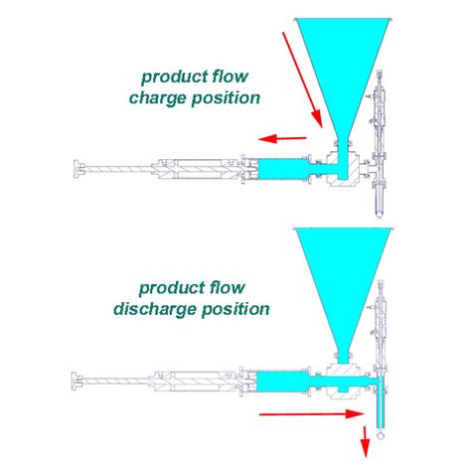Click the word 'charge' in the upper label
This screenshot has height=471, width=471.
[x=157, y=98]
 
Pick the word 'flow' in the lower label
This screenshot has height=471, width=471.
[x=228, y=287]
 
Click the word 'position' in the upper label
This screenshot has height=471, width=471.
[x=226, y=98]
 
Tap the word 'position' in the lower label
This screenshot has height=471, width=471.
[x=235, y=310]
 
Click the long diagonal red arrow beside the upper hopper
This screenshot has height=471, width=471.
[x=302, y=79]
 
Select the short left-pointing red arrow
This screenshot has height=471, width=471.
[x=282, y=138]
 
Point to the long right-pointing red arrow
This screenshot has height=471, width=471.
[x=312, y=414]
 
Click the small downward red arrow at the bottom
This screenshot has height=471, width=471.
[x=365, y=442]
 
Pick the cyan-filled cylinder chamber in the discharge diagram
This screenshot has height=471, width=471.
[x=282, y=381]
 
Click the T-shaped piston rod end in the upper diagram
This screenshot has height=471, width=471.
[x=78, y=169]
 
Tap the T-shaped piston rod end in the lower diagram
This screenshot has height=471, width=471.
[x=77, y=382]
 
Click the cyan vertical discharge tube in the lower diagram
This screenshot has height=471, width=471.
[x=380, y=402]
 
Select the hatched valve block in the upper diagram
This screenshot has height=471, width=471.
[x=343, y=170]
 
